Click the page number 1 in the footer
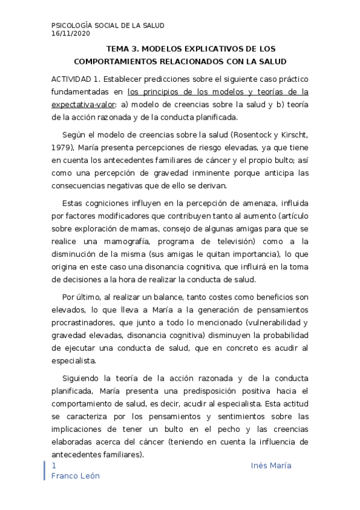tap(55, 467)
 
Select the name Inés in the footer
tap(260, 467)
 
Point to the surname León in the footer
tap(88, 476)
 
